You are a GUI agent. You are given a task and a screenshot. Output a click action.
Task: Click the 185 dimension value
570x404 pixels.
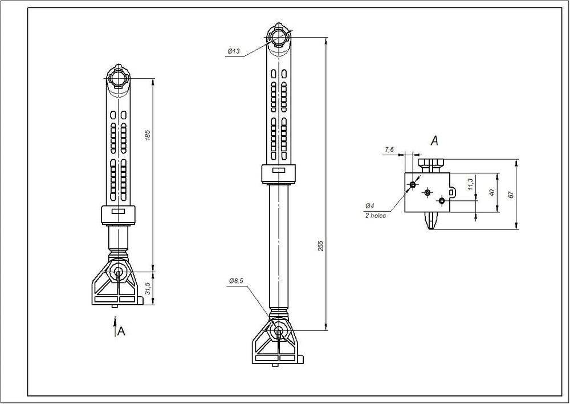pos(148,135)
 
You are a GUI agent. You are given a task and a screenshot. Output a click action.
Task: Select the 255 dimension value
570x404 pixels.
pos(320,246)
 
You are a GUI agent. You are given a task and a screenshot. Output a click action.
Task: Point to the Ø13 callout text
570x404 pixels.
pos(234,51)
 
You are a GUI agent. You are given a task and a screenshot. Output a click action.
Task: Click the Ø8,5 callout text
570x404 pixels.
pos(236,281)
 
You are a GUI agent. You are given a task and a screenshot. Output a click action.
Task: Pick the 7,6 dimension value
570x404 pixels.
pos(389,150)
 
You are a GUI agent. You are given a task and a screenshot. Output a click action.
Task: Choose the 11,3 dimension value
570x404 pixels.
pos(471,184)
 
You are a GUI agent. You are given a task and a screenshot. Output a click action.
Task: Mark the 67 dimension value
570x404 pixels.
pos(511,195)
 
